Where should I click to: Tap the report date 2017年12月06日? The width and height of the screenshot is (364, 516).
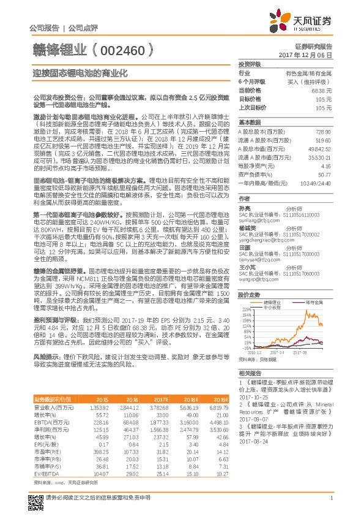[x=313, y=55]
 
